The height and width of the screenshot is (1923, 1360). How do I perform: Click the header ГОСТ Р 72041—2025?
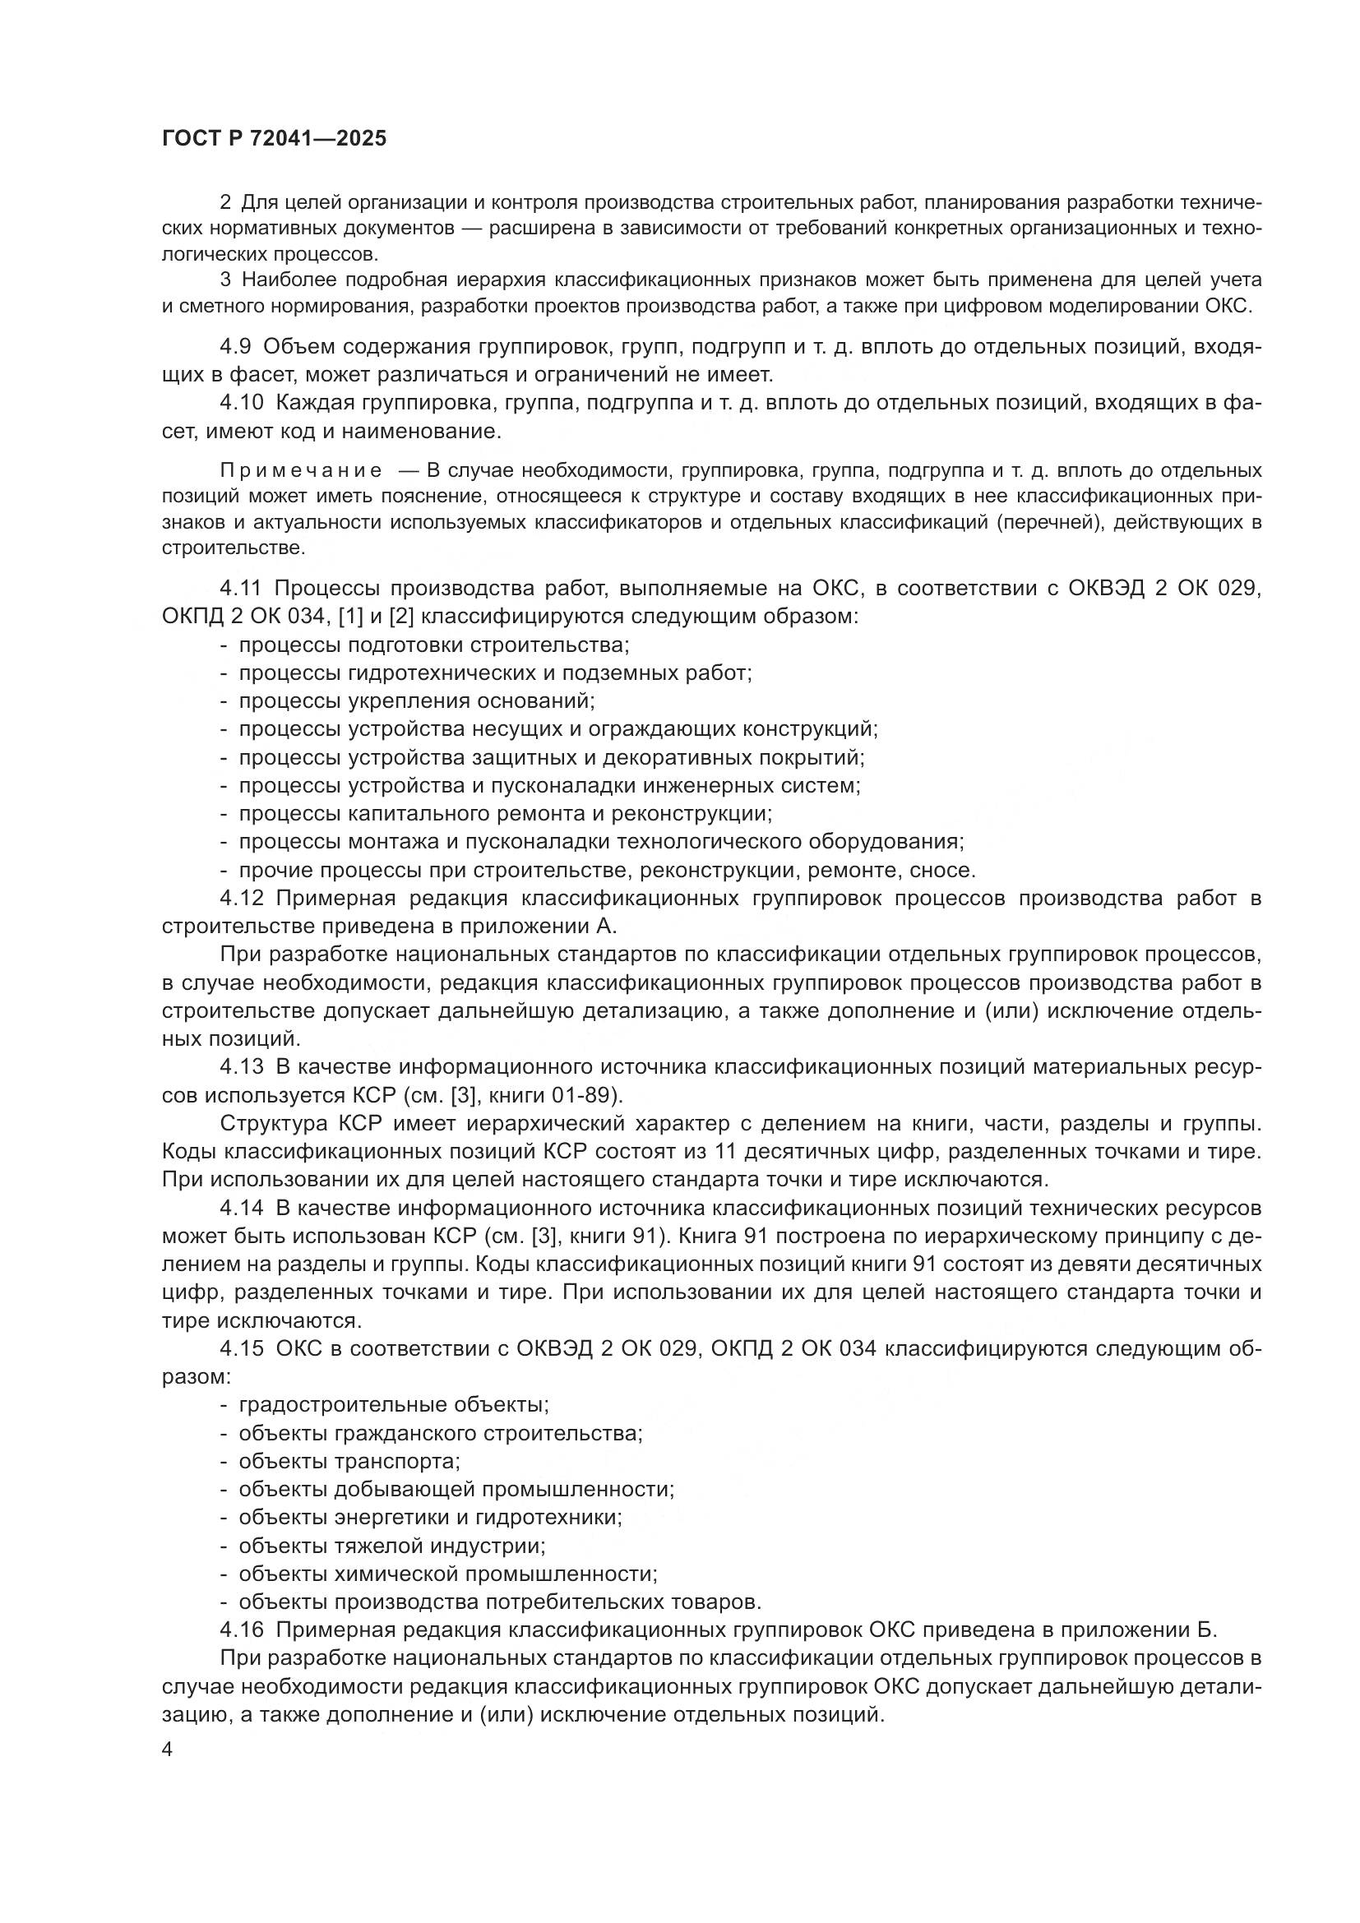274,139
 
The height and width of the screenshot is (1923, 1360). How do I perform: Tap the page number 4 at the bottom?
168,1750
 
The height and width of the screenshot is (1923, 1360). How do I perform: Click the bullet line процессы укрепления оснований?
416,701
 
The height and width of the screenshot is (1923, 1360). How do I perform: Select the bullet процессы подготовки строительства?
434,645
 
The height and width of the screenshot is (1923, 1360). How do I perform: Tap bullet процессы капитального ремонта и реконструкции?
505,813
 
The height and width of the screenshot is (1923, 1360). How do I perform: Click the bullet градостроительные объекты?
394,1404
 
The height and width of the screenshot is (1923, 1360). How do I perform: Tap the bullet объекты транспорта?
349,1461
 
